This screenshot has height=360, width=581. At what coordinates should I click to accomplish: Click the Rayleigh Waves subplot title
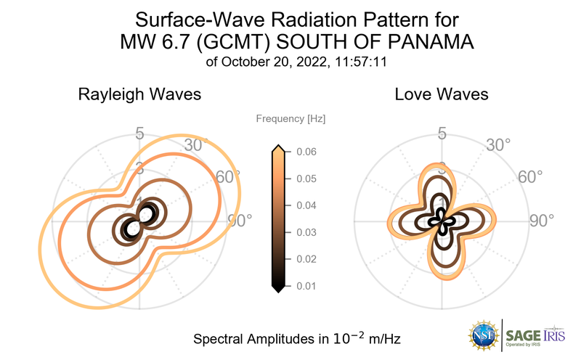139,94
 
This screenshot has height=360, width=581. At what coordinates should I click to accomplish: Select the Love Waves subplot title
441,94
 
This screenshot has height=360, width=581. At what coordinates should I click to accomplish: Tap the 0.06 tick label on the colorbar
306,152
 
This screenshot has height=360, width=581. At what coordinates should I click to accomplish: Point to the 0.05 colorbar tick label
306,179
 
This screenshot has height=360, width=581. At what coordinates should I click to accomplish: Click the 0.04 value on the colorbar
306,205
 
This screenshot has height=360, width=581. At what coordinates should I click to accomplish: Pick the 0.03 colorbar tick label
306,232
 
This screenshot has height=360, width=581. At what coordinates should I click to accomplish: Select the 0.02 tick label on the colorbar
306,259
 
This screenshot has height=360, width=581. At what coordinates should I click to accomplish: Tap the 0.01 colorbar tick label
306,286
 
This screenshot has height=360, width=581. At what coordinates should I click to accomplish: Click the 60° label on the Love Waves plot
530,178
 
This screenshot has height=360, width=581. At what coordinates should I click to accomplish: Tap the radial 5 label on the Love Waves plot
441,134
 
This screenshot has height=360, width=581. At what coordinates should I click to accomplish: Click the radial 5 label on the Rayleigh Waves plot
139,134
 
